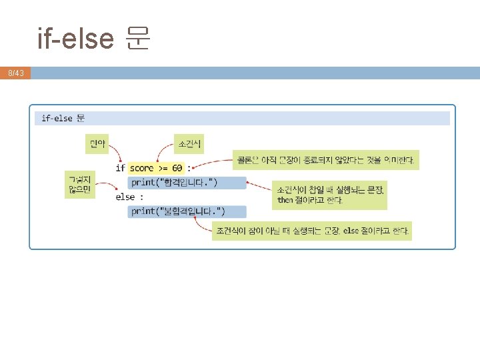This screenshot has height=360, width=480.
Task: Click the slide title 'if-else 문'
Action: point(94,39)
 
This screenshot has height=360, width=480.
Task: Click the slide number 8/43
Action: point(15,73)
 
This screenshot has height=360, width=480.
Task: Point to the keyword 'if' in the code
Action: point(120,167)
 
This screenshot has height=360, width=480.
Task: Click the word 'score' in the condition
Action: point(141,167)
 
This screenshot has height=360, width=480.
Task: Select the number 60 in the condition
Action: point(177,167)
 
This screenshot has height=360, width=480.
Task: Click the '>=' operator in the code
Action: point(162,167)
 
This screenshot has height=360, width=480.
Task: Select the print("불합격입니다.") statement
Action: point(187,211)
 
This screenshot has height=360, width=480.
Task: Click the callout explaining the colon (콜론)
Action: point(325,159)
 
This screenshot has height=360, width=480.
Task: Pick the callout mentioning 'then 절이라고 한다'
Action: point(330,194)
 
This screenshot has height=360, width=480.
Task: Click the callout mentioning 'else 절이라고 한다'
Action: point(311,231)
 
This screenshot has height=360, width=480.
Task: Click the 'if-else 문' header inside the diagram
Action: point(63,118)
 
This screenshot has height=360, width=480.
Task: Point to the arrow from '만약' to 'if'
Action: point(113,155)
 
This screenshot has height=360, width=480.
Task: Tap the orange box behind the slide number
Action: point(15,73)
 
